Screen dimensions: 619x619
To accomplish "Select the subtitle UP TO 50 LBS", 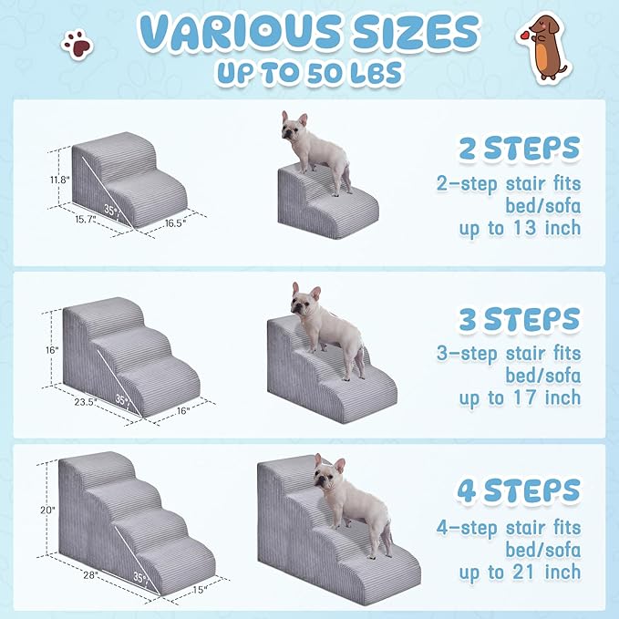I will click(x=309, y=74).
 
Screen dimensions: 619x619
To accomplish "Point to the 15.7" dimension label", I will click(x=87, y=220).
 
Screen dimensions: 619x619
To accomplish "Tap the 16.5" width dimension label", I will click(x=176, y=222).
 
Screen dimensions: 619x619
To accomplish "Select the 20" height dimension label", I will click(x=48, y=511).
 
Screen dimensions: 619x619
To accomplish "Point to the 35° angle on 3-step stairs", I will click(x=122, y=399).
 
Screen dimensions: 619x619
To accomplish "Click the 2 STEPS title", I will click(x=519, y=148).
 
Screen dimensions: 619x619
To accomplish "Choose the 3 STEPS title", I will click(x=519, y=319).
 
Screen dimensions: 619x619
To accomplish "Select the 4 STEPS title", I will click(x=518, y=490).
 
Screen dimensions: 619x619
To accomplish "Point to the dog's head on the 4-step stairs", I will click(x=327, y=470).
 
